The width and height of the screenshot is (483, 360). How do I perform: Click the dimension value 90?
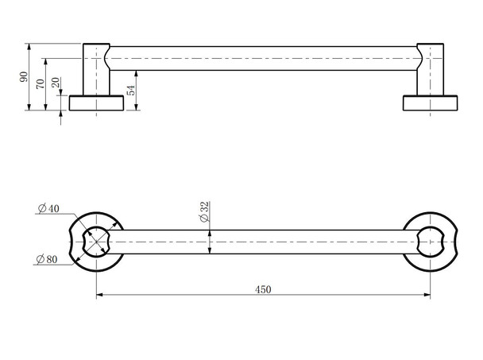tap(24, 77)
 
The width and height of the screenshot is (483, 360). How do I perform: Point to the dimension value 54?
tap(131, 89)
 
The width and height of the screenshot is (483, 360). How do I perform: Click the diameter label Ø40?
tap(48, 209)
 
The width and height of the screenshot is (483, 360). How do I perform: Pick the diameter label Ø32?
tap(203, 211)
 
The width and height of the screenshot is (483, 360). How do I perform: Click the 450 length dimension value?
tap(263, 289)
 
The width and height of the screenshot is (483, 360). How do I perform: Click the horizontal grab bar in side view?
tap(262, 59)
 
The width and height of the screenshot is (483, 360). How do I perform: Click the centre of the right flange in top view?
tap(430, 241)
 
